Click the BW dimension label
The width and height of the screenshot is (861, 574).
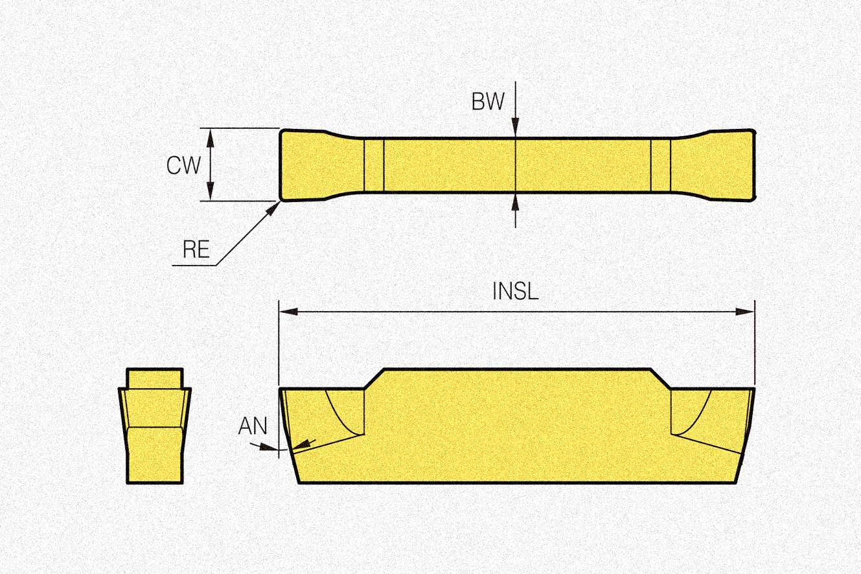click(x=487, y=102)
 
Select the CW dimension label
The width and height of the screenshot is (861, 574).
click(x=183, y=165)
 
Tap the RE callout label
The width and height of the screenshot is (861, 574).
click(x=196, y=251)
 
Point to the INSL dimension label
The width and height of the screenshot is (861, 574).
click(x=516, y=292)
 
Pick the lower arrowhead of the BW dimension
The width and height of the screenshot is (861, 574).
click(x=515, y=200)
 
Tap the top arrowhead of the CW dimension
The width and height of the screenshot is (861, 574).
click(x=210, y=134)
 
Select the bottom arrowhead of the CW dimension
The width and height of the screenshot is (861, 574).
click(x=210, y=194)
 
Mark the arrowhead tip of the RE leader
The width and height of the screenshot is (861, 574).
click(x=277, y=204)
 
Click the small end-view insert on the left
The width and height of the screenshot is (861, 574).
click(x=154, y=428)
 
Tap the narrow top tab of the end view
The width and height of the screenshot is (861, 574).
click(x=154, y=378)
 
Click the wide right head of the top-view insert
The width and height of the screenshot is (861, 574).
click(x=719, y=165)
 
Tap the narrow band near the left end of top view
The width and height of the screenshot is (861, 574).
click(x=374, y=165)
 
